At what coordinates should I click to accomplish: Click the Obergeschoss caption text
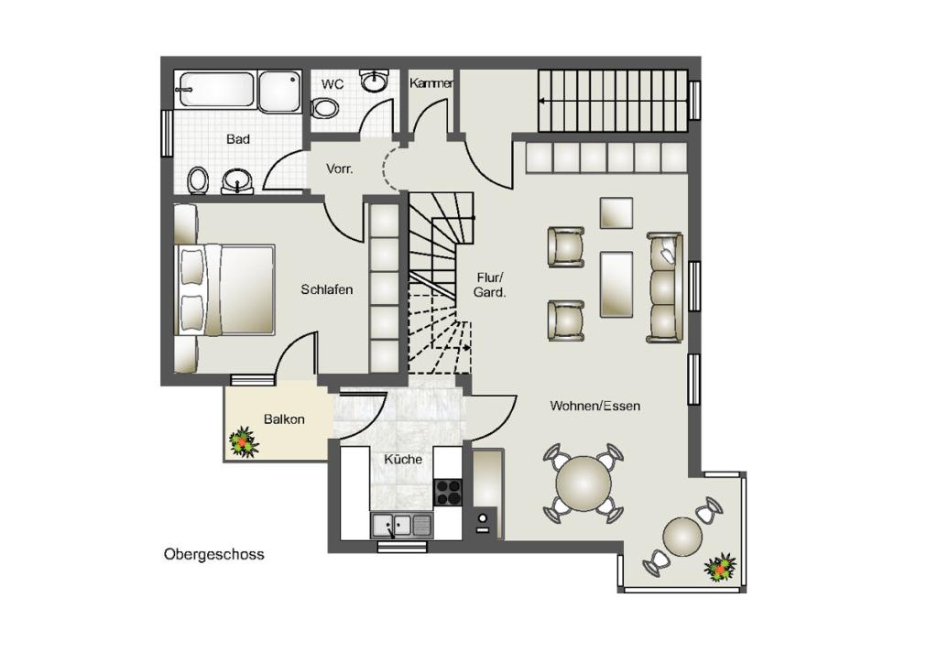tap(213, 554)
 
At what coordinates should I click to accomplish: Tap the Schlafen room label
tap(327, 289)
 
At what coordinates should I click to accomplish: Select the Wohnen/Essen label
tap(595, 406)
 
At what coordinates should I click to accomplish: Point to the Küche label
tap(403, 459)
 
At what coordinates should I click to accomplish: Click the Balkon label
tap(284, 419)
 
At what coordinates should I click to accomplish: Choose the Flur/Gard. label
tap(490, 285)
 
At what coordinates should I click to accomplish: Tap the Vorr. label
tap(339, 168)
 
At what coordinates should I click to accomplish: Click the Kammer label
tap(431, 83)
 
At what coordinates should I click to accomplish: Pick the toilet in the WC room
tap(325, 108)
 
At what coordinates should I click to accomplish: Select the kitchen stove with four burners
tap(447, 493)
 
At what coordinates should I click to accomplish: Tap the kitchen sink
tap(402, 526)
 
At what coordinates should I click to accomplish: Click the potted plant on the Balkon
tap(244, 442)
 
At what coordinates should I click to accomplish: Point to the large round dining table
tap(584, 484)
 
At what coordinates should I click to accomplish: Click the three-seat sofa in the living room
tap(665, 288)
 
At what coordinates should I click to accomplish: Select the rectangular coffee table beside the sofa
tap(616, 284)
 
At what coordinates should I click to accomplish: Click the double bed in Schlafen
tap(225, 289)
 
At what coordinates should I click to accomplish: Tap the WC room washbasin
tap(375, 82)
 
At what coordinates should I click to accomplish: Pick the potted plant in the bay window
tap(720, 568)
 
